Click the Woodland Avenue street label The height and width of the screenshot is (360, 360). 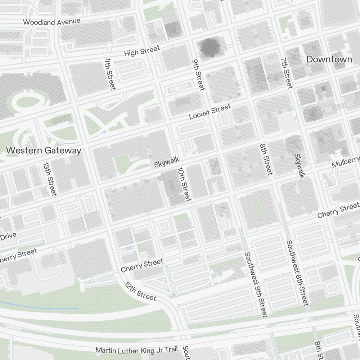[x=51, y=22]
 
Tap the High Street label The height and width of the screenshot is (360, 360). [x=141, y=52]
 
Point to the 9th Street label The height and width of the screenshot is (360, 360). [x=198, y=75]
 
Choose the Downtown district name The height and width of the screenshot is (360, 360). [x=329, y=59]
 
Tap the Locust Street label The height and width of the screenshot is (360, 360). [x=210, y=112]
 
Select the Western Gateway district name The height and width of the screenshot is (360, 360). [x=44, y=150]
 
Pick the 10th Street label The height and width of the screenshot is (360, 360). [x=184, y=184]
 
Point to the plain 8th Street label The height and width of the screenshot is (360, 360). [x=266, y=160]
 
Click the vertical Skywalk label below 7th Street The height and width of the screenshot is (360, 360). [x=299, y=166]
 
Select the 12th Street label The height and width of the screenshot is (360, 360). [x=140, y=291]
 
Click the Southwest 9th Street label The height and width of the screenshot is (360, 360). [x=256, y=284]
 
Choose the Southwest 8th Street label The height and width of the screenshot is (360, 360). [x=297, y=273]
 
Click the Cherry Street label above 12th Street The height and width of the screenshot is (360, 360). [x=142, y=266]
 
